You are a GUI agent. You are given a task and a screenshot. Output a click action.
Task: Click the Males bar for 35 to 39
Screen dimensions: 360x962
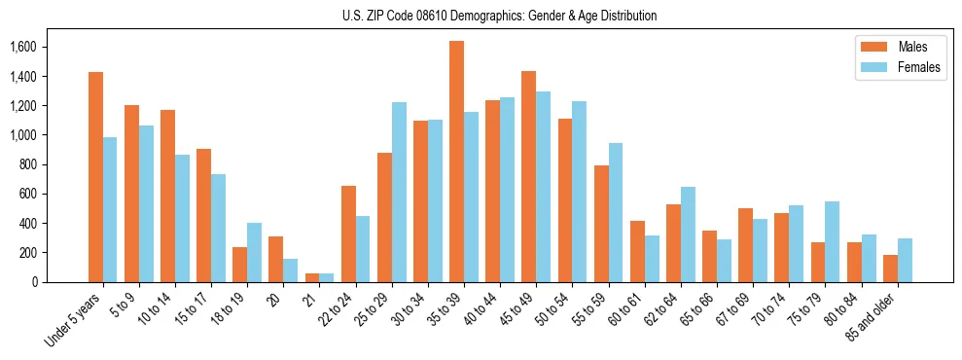tap(456, 162)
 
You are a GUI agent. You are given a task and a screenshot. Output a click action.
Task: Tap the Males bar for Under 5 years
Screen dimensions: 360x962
tap(95, 177)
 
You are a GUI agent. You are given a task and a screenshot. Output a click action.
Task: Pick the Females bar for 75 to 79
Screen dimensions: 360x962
tap(832, 241)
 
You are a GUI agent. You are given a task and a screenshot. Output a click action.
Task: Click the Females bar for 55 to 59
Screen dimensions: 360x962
tap(615, 212)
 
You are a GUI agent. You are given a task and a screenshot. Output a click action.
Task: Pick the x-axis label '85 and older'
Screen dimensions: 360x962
tap(872, 317)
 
